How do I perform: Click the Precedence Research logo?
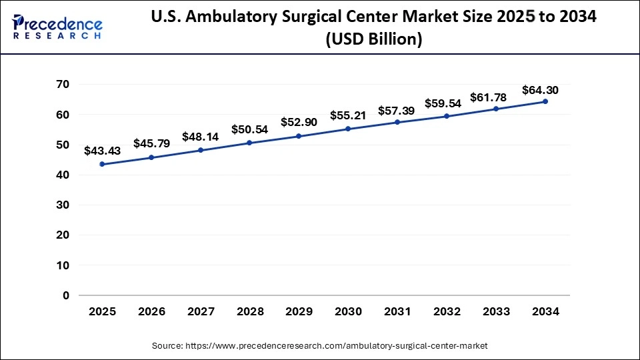(x=57, y=26)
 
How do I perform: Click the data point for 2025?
(x=102, y=164)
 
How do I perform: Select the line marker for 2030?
(x=348, y=129)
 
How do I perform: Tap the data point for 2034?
(x=545, y=101)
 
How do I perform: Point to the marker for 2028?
(x=249, y=143)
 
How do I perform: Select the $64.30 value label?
(x=540, y=89)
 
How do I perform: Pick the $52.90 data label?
(x=299, y=122)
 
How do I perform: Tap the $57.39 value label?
(x=397, y=109)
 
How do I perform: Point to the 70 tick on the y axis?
(x=63, y=85)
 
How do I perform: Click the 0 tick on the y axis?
(x=66, y=295)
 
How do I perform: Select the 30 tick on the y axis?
(x=63, y=205)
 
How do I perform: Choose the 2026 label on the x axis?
(x=151, y=311)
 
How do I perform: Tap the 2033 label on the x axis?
(x=496, y=311)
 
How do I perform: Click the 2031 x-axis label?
(x=397, y=311)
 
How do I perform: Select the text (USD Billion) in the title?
(x=373, y=40)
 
